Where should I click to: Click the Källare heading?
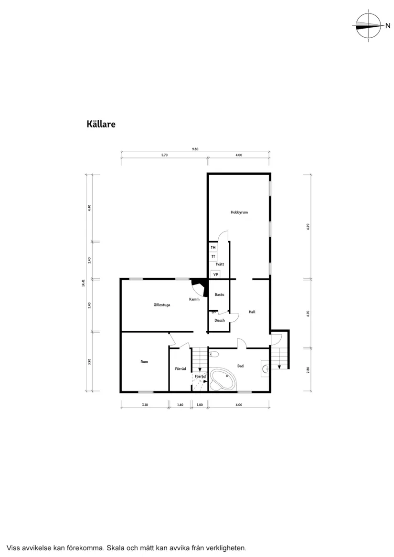tap(101, 124)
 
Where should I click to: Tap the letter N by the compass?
tap(388, 26)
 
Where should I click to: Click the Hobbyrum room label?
tap(239, 212)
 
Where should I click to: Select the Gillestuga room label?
tap(162, 304)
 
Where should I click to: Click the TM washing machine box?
tap(213, 248)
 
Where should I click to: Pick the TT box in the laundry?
tap(213, 257)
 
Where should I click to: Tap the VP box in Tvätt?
tap(215, 274)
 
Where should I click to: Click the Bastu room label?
tap(219, 294)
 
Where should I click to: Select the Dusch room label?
tap(219, 320)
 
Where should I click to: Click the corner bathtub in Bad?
tap(222, 379)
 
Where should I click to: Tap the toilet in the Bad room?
tap(214, 354)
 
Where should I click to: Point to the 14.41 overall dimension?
tap(83, 283)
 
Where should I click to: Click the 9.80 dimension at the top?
tap(195, 149)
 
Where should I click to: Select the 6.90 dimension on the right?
tap(309, 226)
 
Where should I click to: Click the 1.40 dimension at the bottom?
tap(180, 405)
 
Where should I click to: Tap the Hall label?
tap(252, 312)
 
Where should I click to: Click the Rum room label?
tap(144, 362)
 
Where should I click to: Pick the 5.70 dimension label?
tap(164, 155)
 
